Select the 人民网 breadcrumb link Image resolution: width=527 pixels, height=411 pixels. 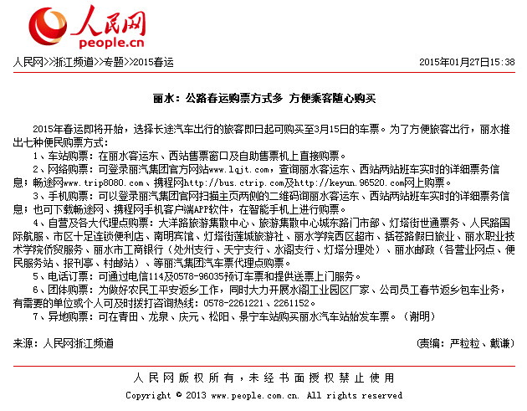point(28,62)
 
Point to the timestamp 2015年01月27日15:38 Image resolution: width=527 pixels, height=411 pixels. point(467,62)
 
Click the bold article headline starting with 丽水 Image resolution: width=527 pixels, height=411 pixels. point(263,98)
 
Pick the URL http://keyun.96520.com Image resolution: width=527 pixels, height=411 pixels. point(340,182)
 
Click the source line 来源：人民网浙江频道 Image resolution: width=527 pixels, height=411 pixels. point(63,343)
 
